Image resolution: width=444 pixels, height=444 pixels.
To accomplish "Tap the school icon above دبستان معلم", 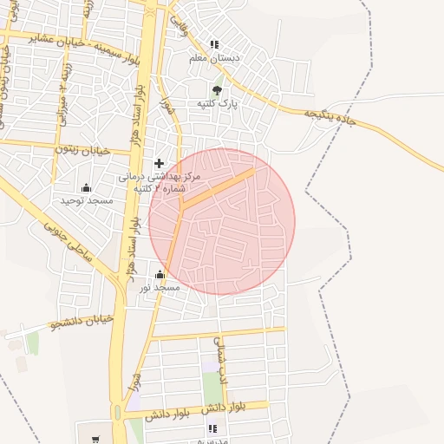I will point(214,44).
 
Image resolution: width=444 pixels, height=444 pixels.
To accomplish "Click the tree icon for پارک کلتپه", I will point(217,90).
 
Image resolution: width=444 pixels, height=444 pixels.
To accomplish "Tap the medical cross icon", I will point(159,163).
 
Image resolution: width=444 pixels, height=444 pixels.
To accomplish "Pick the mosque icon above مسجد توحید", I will point(86,187).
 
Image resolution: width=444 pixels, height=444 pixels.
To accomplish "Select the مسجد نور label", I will point(160,287).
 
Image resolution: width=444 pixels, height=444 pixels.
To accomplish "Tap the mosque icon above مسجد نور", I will point(160,275).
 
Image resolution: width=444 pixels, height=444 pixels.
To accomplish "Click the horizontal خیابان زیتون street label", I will point(83,150).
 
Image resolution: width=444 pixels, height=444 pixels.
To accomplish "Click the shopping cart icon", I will point(95,439).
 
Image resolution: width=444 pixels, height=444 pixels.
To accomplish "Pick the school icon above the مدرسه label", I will point(212,428).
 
